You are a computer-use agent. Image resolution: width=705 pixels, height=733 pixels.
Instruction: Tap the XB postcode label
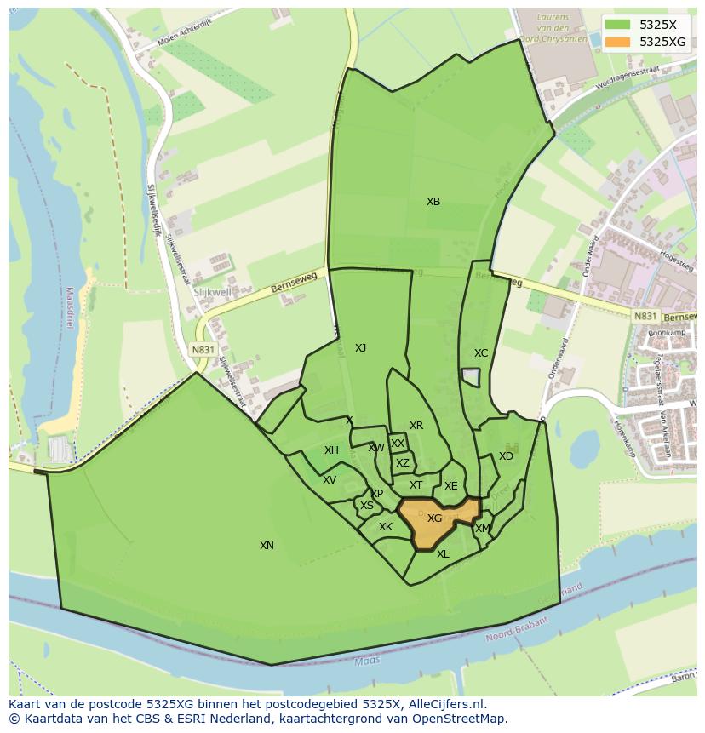click(x=433, y=202)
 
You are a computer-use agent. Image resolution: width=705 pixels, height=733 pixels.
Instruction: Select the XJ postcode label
click(x=360, y=347)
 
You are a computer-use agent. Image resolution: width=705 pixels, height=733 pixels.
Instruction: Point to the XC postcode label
click(x=481, y=352)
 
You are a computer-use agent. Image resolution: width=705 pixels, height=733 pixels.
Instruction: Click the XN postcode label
click(x=267, y=545)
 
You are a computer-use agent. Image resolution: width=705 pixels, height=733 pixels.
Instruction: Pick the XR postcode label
click(x=416, y=426)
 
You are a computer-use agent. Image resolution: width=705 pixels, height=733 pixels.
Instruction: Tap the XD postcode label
click(x=506, y=456)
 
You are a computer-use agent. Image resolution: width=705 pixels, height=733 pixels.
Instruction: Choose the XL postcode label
click(x=443, y=554)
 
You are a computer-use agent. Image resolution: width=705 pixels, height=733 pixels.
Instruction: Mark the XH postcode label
click(x=331, y=450)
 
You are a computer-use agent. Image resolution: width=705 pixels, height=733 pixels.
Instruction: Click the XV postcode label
click(x=330, y=480)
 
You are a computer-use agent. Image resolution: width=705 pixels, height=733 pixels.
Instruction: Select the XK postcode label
click(x=386, y=527)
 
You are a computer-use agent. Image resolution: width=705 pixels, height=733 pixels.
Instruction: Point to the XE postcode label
click(x=450, y=486)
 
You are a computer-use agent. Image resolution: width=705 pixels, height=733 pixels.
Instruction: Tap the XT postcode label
click(x=416, y=485)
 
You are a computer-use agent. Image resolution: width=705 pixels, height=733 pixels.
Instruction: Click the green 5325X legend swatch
click(x=619, y=25)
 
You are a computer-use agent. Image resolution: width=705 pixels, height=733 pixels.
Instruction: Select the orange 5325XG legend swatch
click(x=619, y=42)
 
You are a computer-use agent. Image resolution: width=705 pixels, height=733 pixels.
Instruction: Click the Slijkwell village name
click(x=212, y=291)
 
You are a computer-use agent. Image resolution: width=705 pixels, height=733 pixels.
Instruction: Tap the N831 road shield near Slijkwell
click(x=202, y=350)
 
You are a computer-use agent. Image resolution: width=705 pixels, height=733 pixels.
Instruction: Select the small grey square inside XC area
click(x=471, y=376)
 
